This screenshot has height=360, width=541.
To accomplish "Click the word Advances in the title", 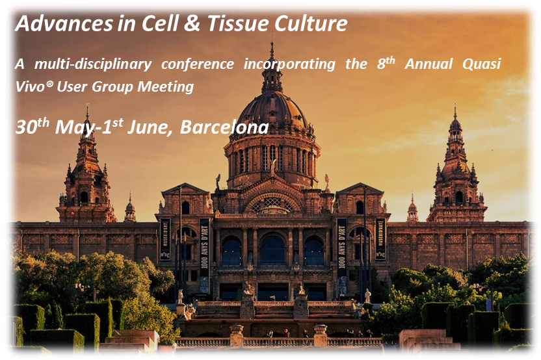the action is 64,23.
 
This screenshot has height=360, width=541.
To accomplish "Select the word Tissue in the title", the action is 238,23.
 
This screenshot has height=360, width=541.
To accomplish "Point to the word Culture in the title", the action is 311,23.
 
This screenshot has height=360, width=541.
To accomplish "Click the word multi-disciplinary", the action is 93,64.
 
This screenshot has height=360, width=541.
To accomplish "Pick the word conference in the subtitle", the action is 198,64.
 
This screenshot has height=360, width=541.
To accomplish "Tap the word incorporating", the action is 289,64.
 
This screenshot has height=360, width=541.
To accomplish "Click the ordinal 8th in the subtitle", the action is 386,63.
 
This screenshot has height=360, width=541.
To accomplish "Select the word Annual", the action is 429,64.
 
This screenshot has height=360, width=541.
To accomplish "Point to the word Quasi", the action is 482,64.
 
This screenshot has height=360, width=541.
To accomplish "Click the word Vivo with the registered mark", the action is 34,86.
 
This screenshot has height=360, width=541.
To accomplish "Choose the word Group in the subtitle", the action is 113,86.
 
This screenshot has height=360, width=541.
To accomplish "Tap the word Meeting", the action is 166,86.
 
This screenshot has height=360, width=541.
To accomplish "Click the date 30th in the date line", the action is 33,126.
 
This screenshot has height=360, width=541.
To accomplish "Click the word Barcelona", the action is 224,127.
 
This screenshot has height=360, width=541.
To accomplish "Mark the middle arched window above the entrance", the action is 272,250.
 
